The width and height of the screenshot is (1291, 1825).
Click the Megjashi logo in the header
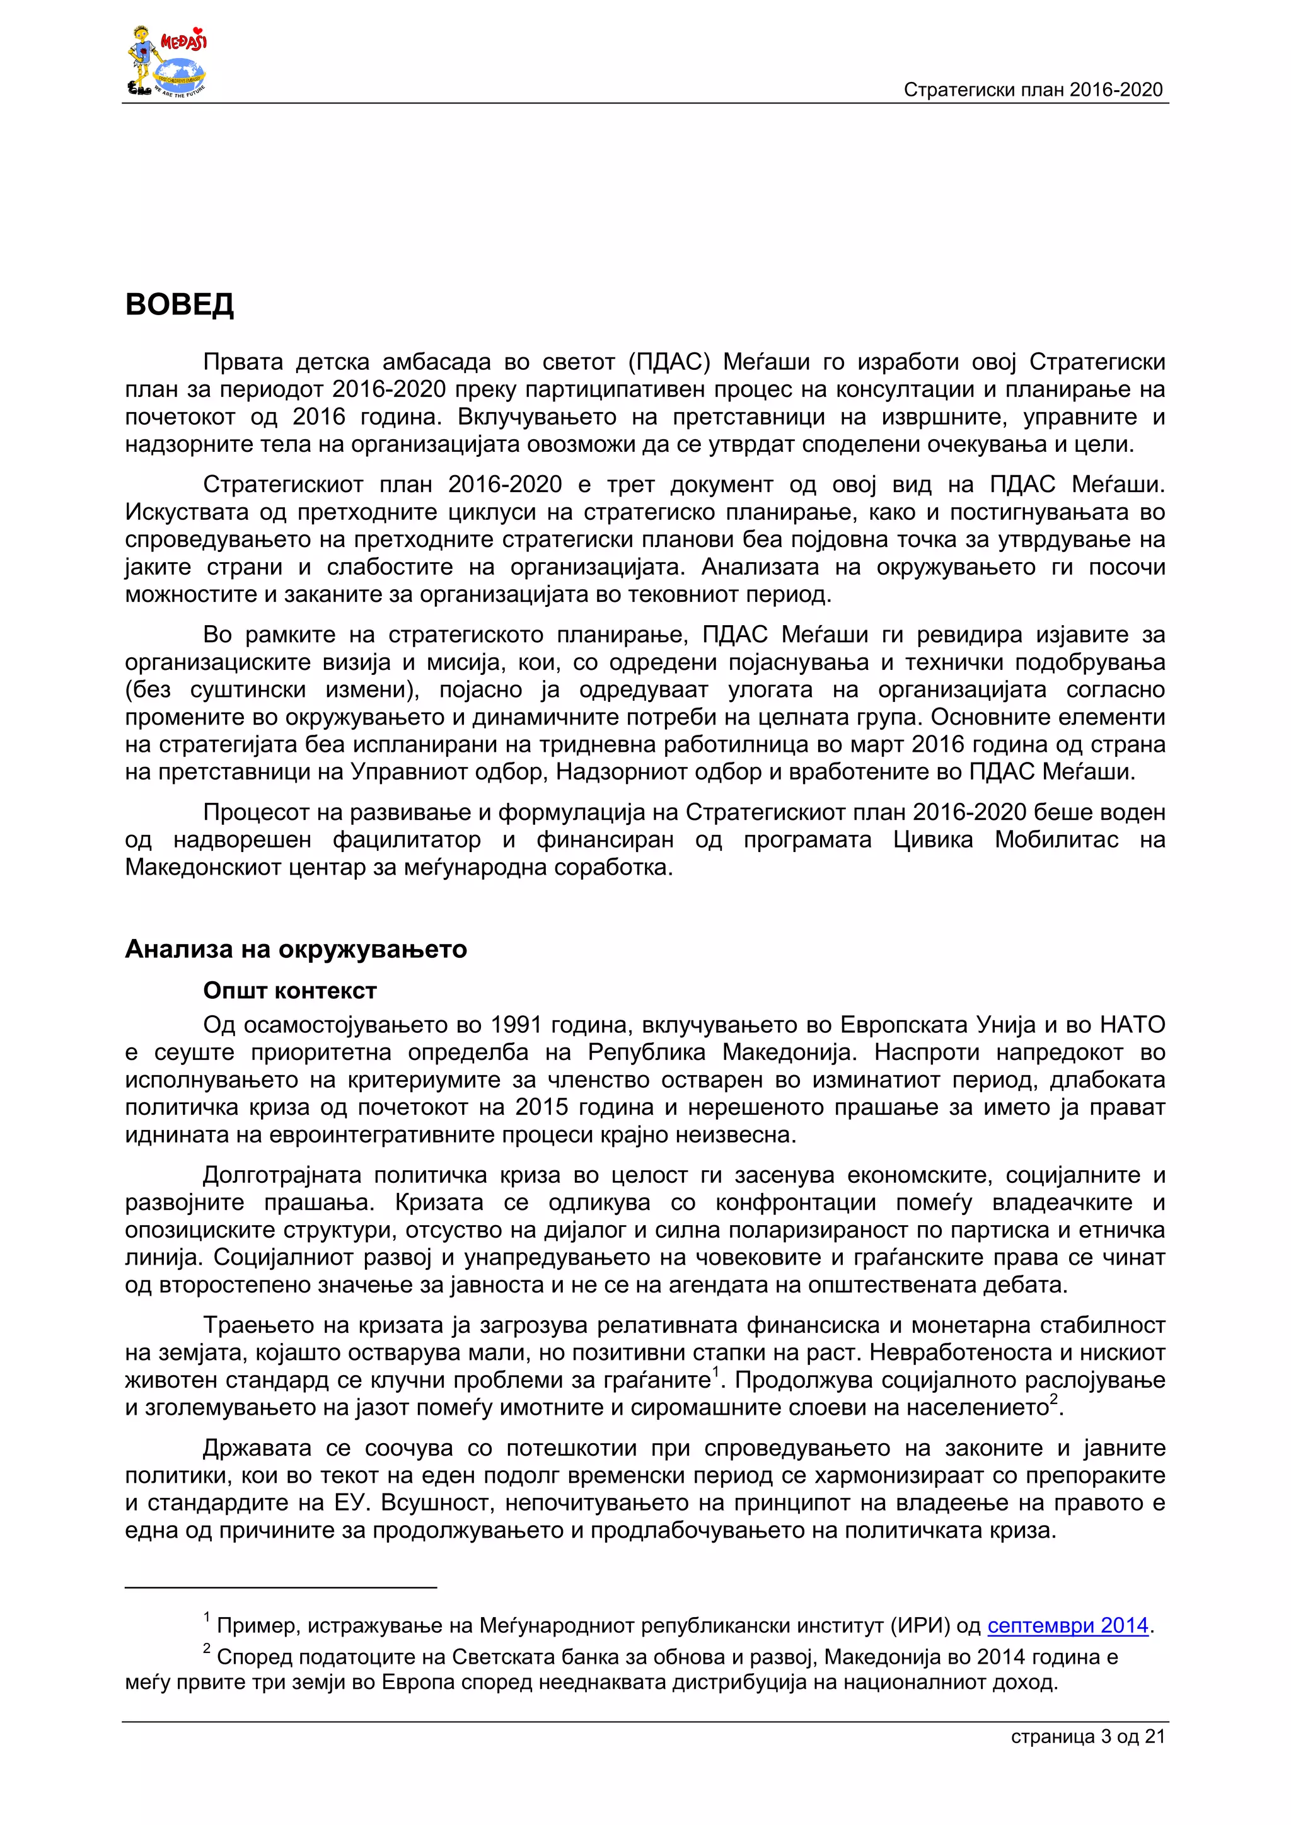(x=167, y=62)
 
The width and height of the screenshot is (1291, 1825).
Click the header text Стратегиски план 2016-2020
(x=1033, y=90)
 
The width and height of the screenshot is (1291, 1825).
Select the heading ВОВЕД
(x=180, y=304)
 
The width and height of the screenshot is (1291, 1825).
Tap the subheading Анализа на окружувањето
(x=296, y=949)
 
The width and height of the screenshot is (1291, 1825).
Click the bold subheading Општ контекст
(x=289, y=991)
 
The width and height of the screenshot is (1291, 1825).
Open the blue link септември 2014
(x=1068, y=1625)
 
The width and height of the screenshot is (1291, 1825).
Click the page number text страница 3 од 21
(x=1087, y=1737)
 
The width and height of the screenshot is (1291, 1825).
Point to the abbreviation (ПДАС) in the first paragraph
(x=669, y=362)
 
